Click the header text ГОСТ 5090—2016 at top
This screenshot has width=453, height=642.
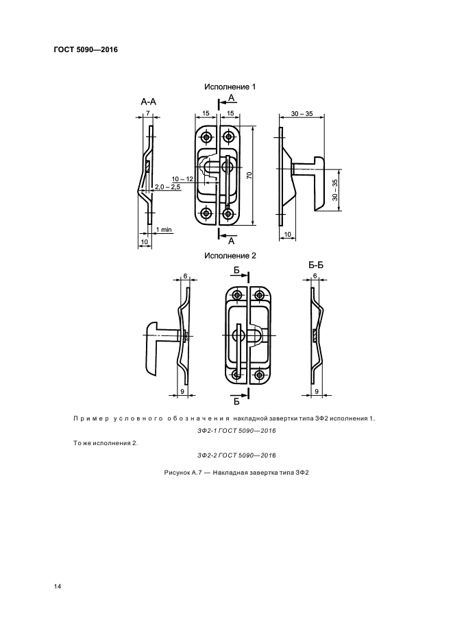pyautogui.click(x=86, y=50)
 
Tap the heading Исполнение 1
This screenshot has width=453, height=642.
pyautogui.click(x=230, y=87)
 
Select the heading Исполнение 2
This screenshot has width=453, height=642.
pyautogui.click(x=230, y=255)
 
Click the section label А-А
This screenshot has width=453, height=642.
pyautogui.click(x=149, y=102)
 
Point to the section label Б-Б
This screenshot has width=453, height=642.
pyautogui.click(x=316, y=265)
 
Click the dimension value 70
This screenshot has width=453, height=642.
pyautogui.click(x=249, y=176)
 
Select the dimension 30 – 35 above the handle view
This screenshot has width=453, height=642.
pyautogui.click(x=302, y=114)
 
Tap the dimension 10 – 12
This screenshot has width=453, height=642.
pyautogui.click(x=182, y=179)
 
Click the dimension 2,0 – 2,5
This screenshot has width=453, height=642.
pyautogui.click(x=168, y=187)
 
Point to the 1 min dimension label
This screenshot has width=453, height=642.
pyautogui.click(x=164, y=230)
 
